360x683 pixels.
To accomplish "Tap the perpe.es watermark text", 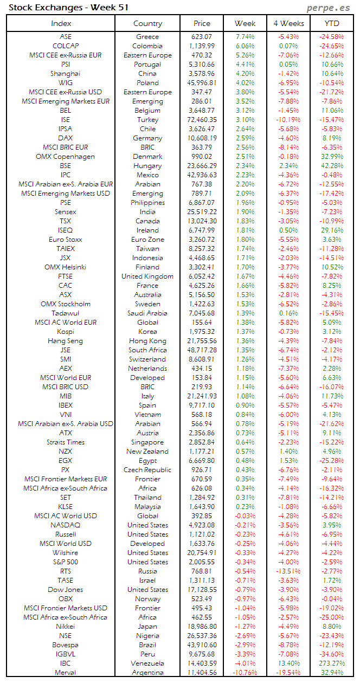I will [329, 7].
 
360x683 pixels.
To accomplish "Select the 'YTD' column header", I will [332, 23].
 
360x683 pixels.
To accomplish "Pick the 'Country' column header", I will [147, 23].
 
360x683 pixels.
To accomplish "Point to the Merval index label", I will [66, 673].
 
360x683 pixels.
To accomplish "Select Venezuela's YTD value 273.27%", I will [332, 663].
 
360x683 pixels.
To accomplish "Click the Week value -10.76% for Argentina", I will [245, 673].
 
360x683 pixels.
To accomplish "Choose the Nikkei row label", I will [66, 627].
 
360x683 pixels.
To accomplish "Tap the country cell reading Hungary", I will [147, 166].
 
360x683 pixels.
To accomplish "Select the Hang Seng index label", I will [66, 341].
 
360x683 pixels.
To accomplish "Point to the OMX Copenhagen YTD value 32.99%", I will [332, 157].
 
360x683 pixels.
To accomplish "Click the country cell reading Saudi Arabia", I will [147, 313].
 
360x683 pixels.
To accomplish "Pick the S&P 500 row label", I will [66, 562].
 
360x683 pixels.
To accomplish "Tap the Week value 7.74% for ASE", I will [245, 37].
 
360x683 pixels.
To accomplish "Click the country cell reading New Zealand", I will [147, 452].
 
